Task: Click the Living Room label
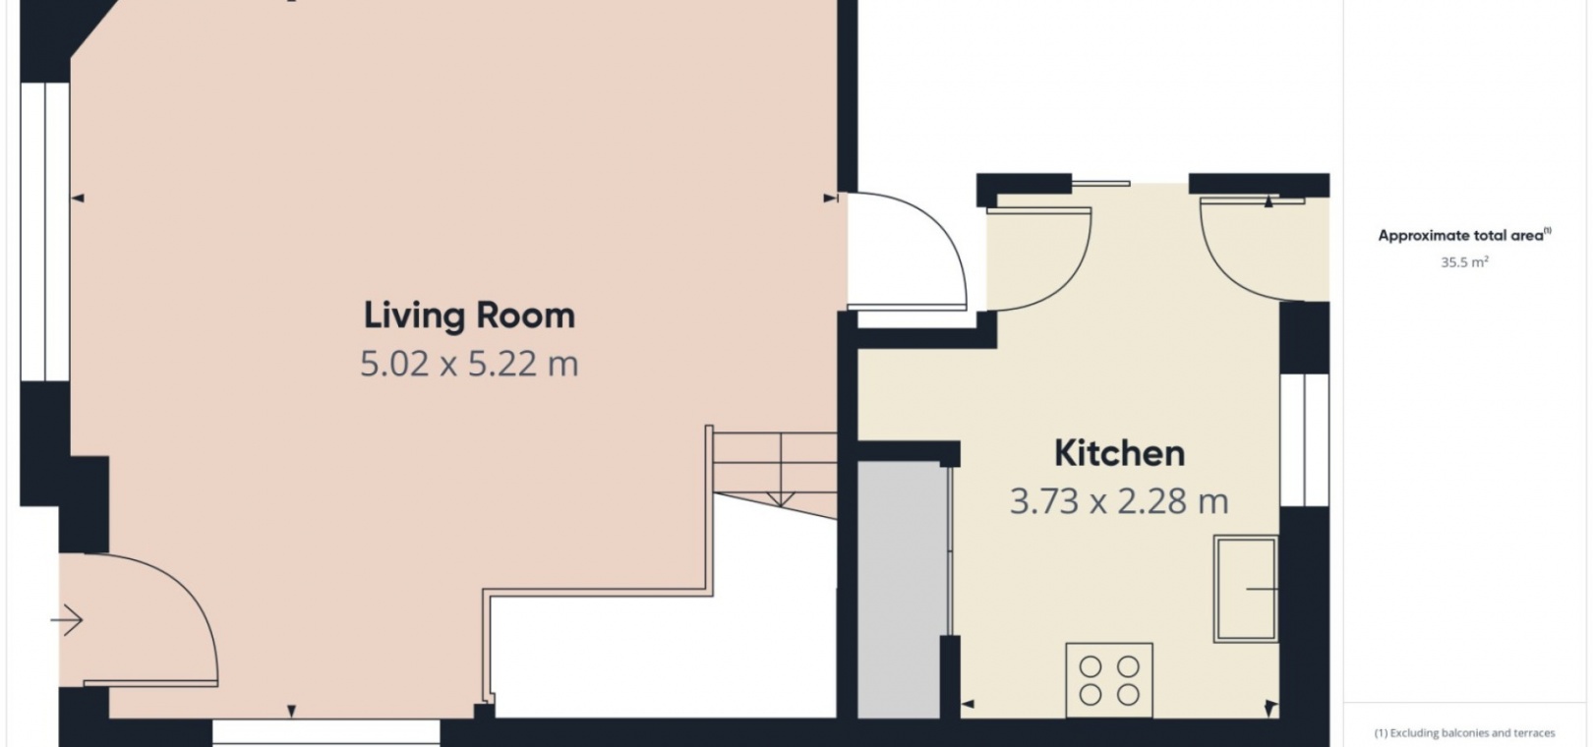(469, 316)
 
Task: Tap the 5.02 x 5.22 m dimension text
(469, 364)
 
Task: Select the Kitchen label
(1119, 453)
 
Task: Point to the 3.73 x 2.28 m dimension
(1119, 502)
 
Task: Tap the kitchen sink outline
(1246, 589)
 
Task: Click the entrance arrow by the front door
(67, 620)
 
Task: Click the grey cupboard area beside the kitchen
(902, 590)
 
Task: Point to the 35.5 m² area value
(1464, 262)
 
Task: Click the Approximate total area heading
(1464, 235)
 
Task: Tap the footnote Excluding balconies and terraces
(1464, 733)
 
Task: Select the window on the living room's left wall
(45, 232)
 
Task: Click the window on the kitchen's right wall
(1304, 440)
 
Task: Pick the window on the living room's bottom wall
(325, 732)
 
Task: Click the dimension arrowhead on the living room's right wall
(830, 199)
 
